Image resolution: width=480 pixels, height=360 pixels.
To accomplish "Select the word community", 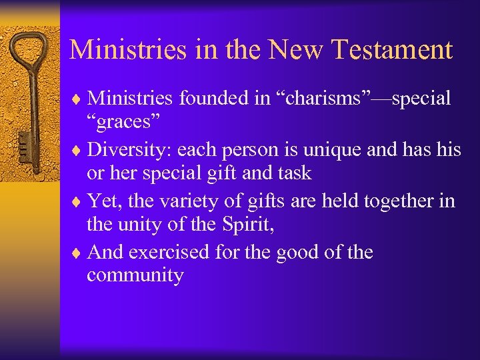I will click(135, 276).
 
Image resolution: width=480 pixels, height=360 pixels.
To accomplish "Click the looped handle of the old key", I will click(31, 50).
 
